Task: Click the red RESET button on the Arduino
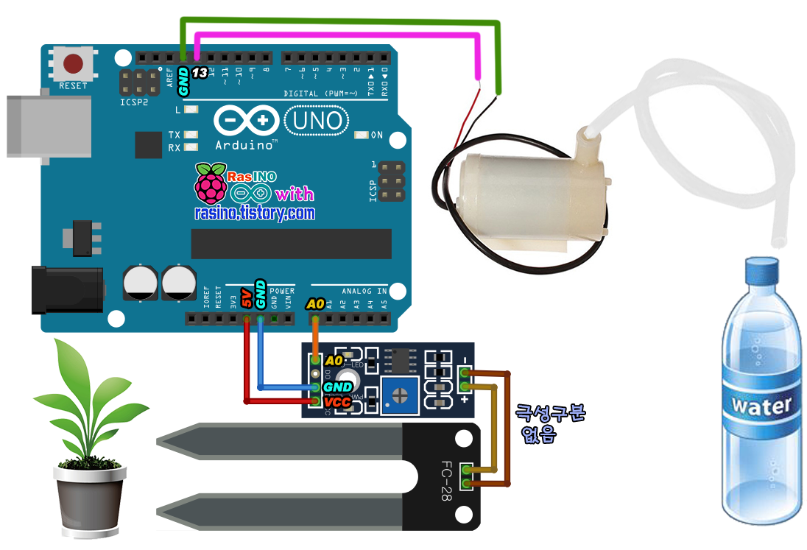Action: (x=73, y=63)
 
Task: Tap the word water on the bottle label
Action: (x=761, y=405)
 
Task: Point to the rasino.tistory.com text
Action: (x=255, y=214)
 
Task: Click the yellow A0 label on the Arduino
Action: (x=315, y=303)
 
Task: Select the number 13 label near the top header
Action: (x=200, y=72)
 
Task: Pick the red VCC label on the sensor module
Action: (x=337, y=402)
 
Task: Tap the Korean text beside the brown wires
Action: (x=550, y=423)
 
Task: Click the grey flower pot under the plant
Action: (x=89, y=501)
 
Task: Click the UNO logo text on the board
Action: (x=315, y=120)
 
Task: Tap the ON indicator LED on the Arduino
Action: (x=361, y=135)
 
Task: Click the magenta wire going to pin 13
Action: (x=339, y=33)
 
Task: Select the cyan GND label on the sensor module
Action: (x=339, y=387)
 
